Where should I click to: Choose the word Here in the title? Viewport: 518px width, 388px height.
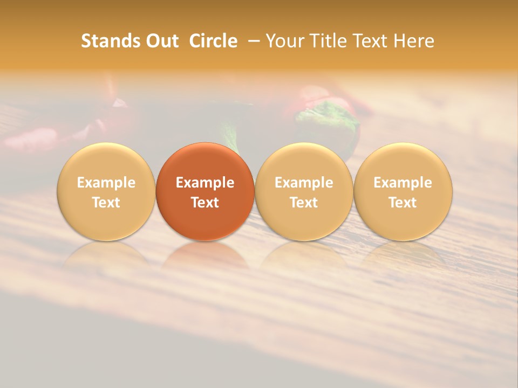coord(414,41)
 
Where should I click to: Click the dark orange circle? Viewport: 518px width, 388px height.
coord(205,162)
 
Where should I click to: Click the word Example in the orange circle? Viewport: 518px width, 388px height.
coord(205,183)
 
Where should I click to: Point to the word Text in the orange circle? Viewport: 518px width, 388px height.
coord(205,203)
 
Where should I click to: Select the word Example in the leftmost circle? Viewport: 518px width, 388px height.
coord(106,183)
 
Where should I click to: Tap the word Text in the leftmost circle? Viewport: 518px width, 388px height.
coord(106,203)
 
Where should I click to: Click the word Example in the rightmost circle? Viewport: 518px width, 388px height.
coord(403,183)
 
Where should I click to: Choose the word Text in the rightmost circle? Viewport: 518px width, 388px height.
coord(403,203)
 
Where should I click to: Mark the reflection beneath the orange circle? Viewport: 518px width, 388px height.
coord(205,255)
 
